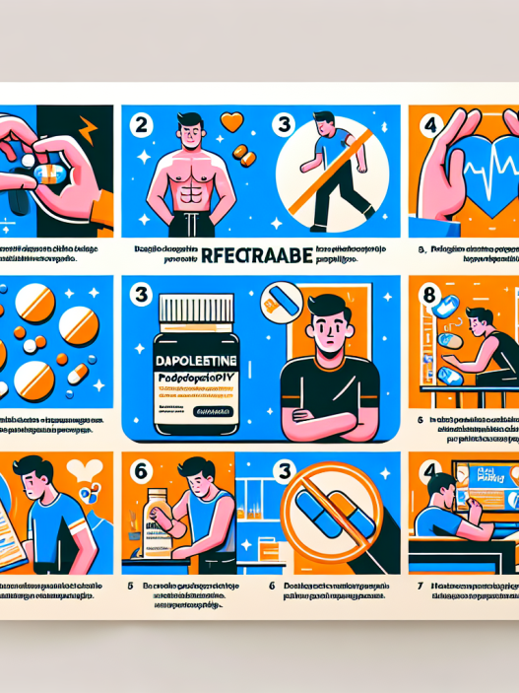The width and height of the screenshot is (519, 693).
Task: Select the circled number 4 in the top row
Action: point(429,127)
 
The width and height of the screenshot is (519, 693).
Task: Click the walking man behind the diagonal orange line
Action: point(326,163)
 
